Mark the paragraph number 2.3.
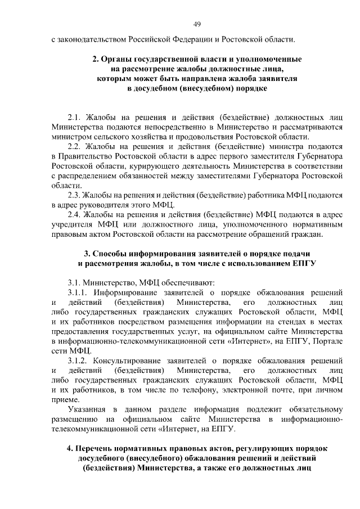74,195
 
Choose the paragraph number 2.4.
75,214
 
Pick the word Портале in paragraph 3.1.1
329,341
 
